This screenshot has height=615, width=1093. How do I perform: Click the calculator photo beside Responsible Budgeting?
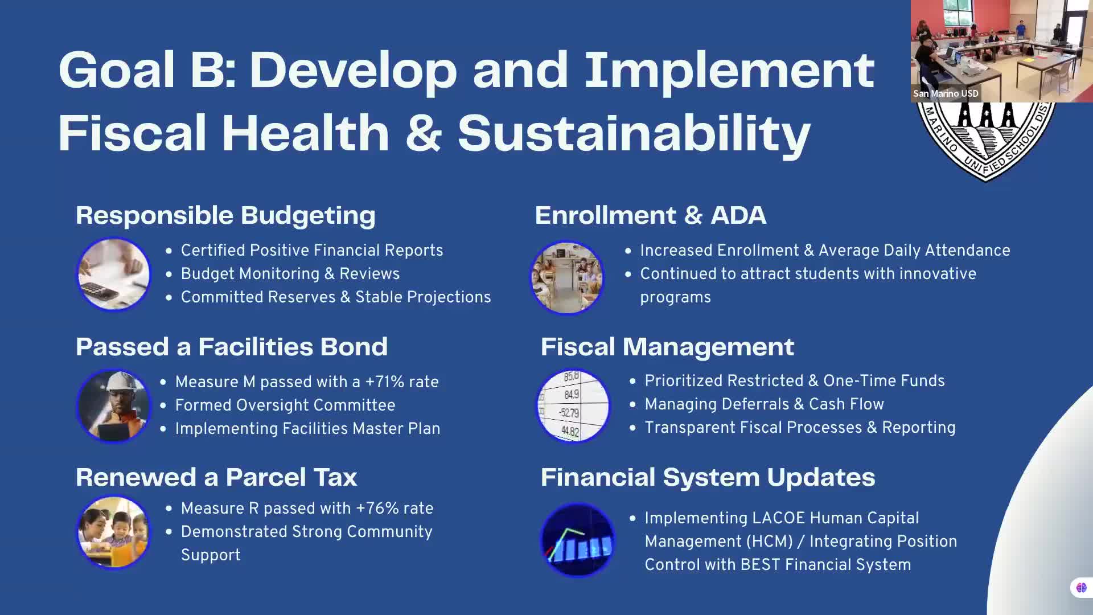pyautogui.click(x=114, y=274)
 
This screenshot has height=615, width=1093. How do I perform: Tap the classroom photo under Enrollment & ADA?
pyautogui.click(x=567, y=278)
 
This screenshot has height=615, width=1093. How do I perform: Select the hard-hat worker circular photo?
pyautogui.click(x=114, y=406)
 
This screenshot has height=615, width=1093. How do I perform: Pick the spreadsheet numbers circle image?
pyautogui.click(x=573, y=406)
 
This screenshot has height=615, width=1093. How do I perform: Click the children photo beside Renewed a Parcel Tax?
pyautogui.click(x=114, y=532)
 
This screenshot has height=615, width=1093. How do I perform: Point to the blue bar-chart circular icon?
pyautogui.click(x=578, y=540)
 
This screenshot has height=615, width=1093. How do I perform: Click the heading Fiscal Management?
pyautogui.click(x=667, y=347)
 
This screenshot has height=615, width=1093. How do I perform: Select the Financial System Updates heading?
pyautogui.click(x=708, y=477)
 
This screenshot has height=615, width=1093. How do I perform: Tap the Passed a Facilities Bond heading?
pyautogui.click(x=232, y=347)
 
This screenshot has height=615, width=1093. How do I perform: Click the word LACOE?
pyautogui.click(x=778, y=518)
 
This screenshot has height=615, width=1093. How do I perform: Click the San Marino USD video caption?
pyautogui.click(x=946, y=93)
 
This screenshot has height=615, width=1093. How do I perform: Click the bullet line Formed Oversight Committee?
pyautogui.click(x=285, y=405)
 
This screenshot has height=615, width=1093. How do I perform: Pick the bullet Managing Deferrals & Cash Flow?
pyautogui.click(x=764, y=404)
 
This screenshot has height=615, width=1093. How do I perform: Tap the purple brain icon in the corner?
pyautogui.click(x=1081, y=588)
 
